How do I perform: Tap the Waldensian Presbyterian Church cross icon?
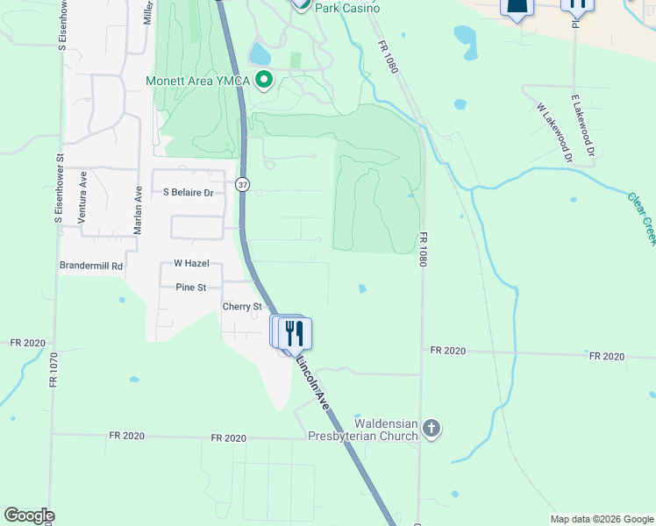click(x=430, y=428)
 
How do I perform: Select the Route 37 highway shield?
click(x=242, y=184)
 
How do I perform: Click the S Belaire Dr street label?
click(x=188, y=192)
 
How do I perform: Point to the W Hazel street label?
click(x=189, y=263)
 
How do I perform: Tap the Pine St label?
click(x=190, y=287)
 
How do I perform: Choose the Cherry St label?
click(x=242, y=307)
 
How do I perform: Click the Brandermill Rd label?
click(x=91, y=265)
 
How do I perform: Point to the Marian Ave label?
click(x=138, y=209)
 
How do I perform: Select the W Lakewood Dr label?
click(x=554, y=133)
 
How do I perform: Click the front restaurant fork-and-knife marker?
click(x=296, y=333)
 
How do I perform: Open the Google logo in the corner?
click(x=29, y=515)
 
